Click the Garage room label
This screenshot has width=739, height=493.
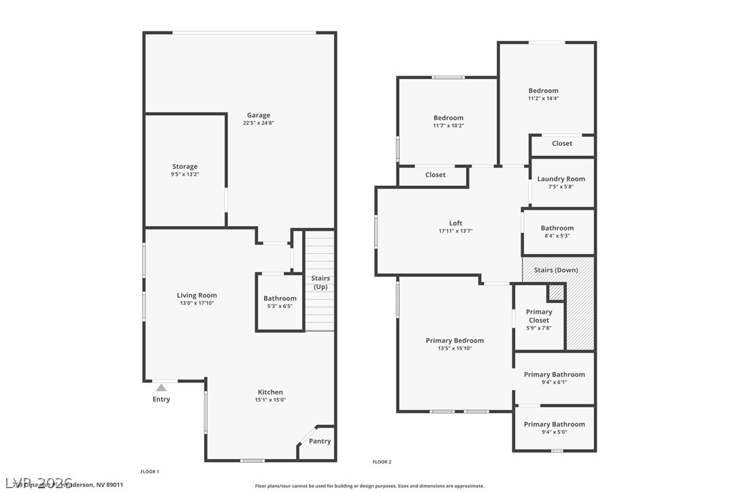click(x=259, y=115)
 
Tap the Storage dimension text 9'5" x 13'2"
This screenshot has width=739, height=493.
click(x=185, y=174)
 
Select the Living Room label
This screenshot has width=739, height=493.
click(x=197, y=296)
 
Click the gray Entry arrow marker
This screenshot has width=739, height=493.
click(x=161, y=387)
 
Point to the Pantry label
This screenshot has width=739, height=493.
click(x=320, y=441)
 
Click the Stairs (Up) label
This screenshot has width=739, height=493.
click(x=321, y=283)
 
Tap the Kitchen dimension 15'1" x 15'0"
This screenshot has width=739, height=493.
click(x=270, y=400)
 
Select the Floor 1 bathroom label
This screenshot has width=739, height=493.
click(x=280, y=298)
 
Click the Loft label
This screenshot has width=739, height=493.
click(x=455, y=223)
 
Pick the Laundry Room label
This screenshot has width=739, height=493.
click(x=561, y=179)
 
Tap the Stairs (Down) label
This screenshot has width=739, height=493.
click(x=556, y=270)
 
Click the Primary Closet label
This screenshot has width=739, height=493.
click(x=539, y=316)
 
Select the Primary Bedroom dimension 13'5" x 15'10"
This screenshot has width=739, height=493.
click(x=455, y=349)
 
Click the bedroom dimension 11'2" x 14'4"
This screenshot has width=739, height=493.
click(x=543, y=98)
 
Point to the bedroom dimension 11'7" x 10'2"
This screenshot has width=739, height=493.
click(x=448, y=125)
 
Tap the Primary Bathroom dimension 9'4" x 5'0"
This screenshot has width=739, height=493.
click(x=554, y=432)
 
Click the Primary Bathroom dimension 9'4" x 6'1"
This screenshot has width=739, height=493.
click(x=554, y=382)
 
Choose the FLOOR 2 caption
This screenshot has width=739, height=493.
click(x=382, y=462)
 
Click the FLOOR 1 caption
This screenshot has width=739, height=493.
click(x=150, y=471)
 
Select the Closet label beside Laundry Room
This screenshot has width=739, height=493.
click(x=562, y=144)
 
